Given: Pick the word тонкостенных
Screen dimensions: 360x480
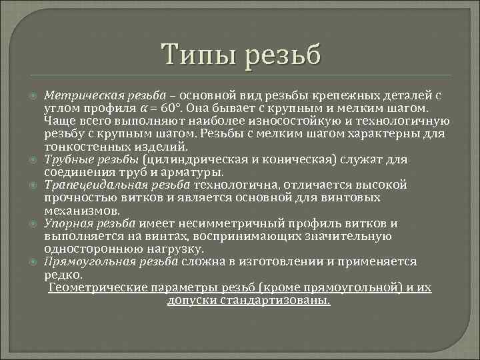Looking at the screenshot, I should pyautogui.click(x=79, y=147).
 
